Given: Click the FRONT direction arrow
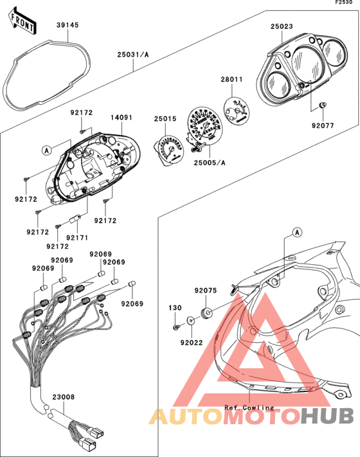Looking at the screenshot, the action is tap(22, 21).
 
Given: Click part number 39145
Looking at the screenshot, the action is tap(67, 25).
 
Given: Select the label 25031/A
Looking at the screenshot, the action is tap(133, 55).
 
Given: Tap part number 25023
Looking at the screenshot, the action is tap(282, 26).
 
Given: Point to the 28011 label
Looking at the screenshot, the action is tap(231, 79).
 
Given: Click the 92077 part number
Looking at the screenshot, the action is tap(323, 125).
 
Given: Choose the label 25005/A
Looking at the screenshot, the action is tap(210, 163).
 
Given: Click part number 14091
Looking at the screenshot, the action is tap(122, 118).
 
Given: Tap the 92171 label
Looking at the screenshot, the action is tap(77, 238).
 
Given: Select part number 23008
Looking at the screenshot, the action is tap(64, 397).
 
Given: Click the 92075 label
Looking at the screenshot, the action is tap(206, 291).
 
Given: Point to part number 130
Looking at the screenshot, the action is tap(175, 308).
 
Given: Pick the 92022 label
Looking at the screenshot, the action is tap(192, 343).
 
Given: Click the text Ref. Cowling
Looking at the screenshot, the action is tap(249, 408).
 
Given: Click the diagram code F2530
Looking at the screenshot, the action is tap(344, 3).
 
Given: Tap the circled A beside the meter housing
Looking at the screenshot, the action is tap(47, 150).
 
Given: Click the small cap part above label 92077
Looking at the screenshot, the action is tap(323, 105).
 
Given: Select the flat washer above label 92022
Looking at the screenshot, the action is tap(191, 321).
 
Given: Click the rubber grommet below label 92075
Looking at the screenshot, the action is tap(206, 314).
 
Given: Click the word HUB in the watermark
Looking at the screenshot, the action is tap(327, 416).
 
